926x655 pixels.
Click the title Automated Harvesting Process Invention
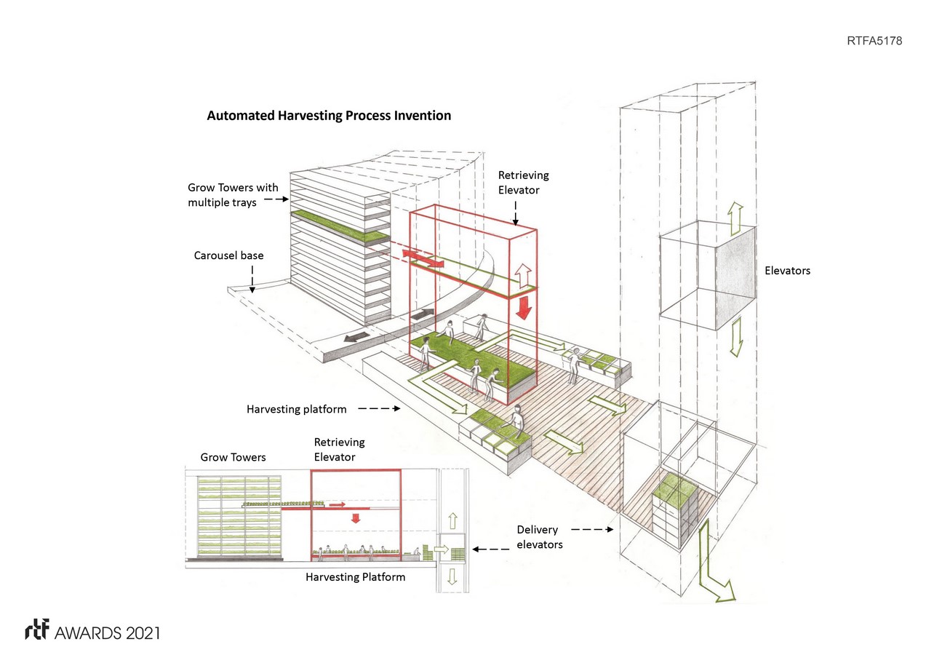(x=329, y=116)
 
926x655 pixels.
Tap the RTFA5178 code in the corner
(x=874, y=41)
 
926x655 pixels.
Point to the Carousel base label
(x=228, y=255)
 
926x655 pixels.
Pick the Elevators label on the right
(x=787, y=270)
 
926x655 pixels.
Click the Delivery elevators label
(x=539, y=536)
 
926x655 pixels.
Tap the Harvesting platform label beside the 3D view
(x=296, y=409)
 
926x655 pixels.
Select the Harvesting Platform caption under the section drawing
(x=355, y=577)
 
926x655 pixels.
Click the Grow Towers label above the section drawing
(x=233, y=457)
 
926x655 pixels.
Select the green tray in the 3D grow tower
(x=338, y=226)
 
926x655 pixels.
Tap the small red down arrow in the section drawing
(x=356, y=517)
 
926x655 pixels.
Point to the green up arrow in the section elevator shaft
(x=452, y=520)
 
